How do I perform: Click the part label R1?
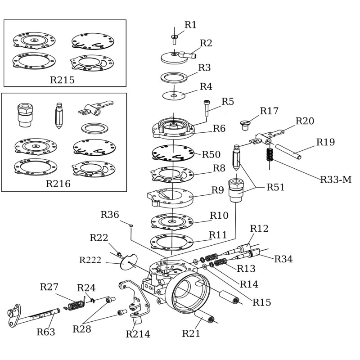[190, 25]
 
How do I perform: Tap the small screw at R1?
[175, 38]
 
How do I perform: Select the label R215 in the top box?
[62, 80]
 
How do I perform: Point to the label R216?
[58, 184]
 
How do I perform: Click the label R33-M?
[336, 180]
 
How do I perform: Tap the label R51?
[275, 187]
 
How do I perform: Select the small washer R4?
[174, 95]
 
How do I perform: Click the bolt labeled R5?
[207, 108]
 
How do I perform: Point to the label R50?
[211, 154]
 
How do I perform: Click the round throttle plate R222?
[129, 263]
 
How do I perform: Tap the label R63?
[46, 332]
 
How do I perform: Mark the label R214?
[138, 334]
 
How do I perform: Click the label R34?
[283, 259]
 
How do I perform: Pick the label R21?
[191, 333]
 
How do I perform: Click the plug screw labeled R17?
[246, 124]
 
